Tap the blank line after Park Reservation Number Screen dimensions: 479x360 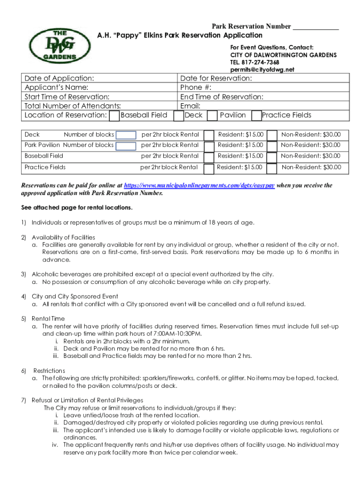316,26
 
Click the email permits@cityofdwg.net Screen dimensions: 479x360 262,70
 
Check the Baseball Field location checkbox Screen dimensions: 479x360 114,115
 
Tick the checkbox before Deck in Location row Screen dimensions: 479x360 178,115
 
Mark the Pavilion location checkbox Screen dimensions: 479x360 212,115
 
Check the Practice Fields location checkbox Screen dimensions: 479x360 256,115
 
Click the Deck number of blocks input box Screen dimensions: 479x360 126,135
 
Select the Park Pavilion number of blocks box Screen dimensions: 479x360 126,146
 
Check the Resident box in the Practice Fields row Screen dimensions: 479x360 209,167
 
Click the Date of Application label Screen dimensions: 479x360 59,78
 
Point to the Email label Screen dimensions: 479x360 190,106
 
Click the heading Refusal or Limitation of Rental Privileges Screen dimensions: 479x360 87,400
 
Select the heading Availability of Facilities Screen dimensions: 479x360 63,237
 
